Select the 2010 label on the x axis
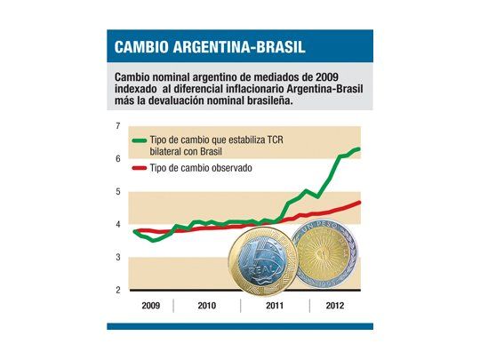pyautogui.click(x=207, y=305)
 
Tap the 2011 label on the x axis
pyautogui.click(x=275, y=305)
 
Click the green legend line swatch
pyautogui.click(x=139, y=140)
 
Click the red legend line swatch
pyautogui.click(x=139, y=168)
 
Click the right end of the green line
pyautogui.click(x=358, y=149)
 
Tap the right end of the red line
pyautogui.click(x=359, y=202)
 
